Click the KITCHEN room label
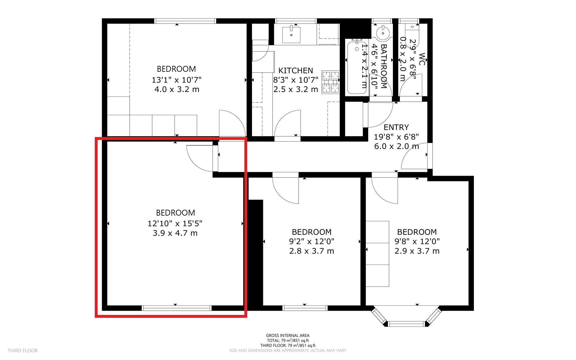[x=296, y=70]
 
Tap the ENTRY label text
[x=396, y=127]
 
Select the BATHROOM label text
[x=384, y=66]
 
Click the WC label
[x=421, y=59]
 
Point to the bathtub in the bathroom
[x=357, y=68]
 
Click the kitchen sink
[x=291, y=34]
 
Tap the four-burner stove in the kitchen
[x=331, y=82]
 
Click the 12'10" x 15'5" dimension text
[x=175, y=223]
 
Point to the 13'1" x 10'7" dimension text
[x=177, y=80]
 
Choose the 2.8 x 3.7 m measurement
[x=312, y=251]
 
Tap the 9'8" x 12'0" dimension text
[x=417, y=241]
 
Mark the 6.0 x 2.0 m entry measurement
[x=397, y=146]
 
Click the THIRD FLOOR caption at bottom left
[x=22, y=351]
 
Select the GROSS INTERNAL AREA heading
[x=288, y=336]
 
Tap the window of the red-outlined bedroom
[x=177, y=308]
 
